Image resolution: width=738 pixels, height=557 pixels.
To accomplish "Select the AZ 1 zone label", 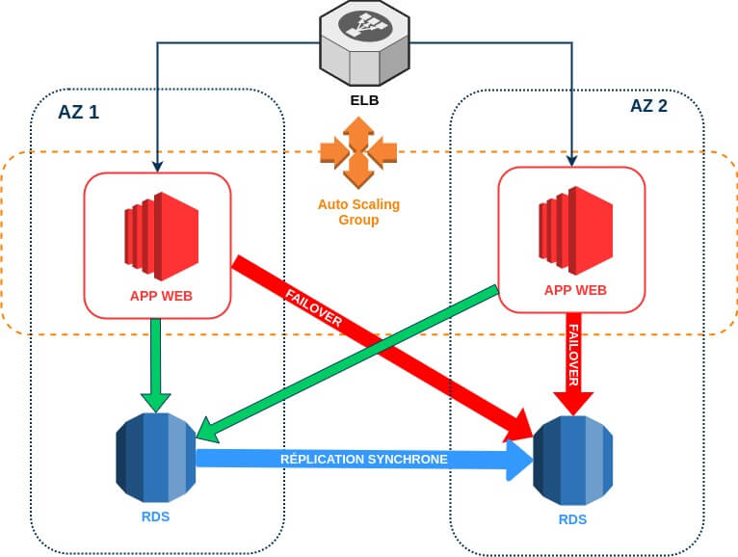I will tap(77, 112).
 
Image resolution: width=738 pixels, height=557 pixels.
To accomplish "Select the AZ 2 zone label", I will tap(647, 106).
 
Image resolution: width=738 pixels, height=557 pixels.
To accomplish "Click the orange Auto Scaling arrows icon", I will tap(358, 151).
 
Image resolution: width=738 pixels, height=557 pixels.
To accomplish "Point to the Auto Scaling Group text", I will tap(358, 212).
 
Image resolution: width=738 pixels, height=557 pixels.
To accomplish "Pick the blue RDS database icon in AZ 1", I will tap(155, 457).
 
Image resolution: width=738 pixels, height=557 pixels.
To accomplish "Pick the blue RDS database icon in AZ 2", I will tap(572, 462).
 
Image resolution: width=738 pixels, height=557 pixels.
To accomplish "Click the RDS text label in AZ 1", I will tap(155, 517).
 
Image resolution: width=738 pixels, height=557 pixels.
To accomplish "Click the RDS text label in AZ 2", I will tap(571, 520).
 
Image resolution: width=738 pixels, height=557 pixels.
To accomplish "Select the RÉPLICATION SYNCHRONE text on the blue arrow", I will tap(363, 460).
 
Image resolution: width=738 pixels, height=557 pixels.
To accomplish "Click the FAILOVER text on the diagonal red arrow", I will tap(314, 306).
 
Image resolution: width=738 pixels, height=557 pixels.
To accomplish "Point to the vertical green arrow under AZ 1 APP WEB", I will tap(155, 361).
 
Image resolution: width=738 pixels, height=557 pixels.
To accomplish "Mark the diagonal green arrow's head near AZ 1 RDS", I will tap(204, 427).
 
